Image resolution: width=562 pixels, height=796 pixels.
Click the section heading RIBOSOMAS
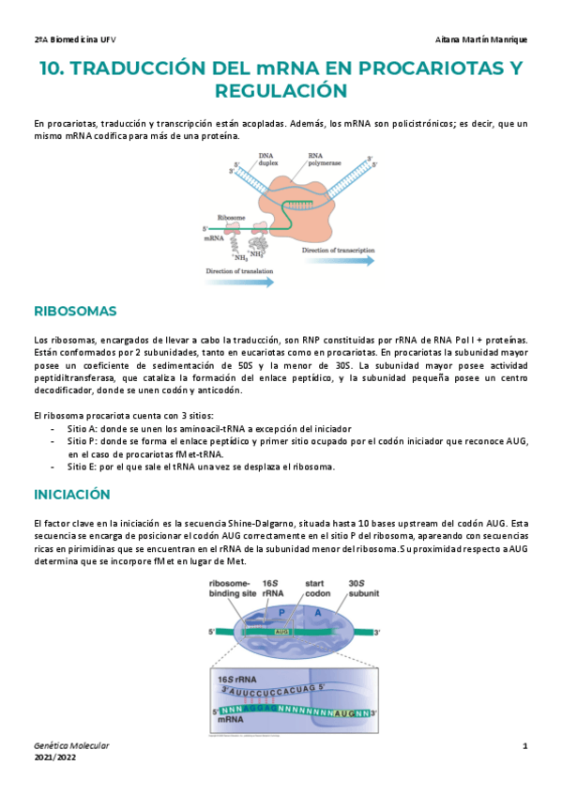[74, 311]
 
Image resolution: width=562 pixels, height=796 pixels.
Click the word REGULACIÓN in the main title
[281, 90]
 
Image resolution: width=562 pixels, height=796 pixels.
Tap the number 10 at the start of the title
[51, 68]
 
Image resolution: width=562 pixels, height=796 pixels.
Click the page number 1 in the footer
[525, 746]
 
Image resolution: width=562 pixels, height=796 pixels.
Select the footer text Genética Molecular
[71, 745]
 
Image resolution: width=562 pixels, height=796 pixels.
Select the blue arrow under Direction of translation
[240, 280]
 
